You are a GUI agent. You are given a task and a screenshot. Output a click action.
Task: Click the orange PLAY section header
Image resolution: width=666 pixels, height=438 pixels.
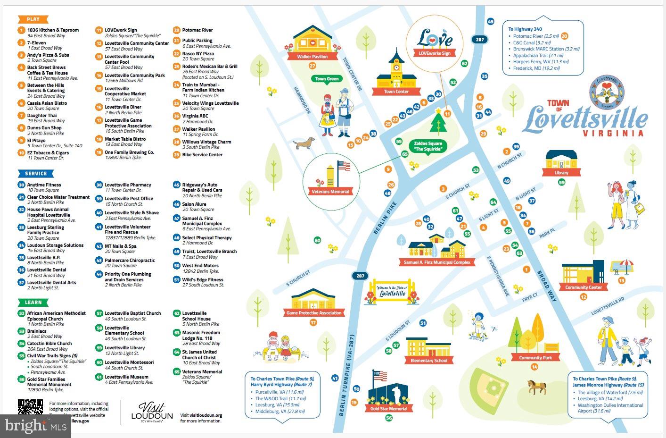coord(33,19)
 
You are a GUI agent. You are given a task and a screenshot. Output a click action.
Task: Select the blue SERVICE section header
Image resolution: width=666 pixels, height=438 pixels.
coord(36,173)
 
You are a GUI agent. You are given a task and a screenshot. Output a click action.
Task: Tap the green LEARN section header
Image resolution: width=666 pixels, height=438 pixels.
coord(33,302)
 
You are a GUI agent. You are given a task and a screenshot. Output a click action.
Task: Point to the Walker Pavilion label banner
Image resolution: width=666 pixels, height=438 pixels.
coord(312,57)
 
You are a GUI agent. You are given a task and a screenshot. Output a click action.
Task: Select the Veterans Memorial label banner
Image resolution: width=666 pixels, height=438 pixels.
coord(330,192)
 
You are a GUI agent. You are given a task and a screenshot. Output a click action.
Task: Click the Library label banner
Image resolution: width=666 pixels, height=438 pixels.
coord(561,173)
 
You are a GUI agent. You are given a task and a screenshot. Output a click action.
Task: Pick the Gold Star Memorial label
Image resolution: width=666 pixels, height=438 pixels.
coord(389,409)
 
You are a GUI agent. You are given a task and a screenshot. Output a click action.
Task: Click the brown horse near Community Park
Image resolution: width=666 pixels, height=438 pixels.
coord(536,387)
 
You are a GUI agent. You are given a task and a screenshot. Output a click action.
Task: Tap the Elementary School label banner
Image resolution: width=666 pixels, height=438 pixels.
coord(428,361)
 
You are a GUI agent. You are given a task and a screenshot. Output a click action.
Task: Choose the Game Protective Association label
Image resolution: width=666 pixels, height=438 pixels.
coord(314,313)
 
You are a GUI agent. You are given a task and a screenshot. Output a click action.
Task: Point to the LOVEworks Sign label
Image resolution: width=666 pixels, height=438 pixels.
coord(435,53)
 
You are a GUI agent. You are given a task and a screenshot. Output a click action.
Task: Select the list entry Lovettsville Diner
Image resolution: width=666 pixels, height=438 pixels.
coord(123,107)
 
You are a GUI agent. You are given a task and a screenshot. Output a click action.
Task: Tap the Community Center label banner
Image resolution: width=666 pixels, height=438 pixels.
coord(584,287)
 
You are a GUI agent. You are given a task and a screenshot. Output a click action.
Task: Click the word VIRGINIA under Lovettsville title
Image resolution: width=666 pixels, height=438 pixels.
coord(613,134)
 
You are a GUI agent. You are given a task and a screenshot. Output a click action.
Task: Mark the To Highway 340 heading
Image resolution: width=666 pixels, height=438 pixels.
coord(525,29)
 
